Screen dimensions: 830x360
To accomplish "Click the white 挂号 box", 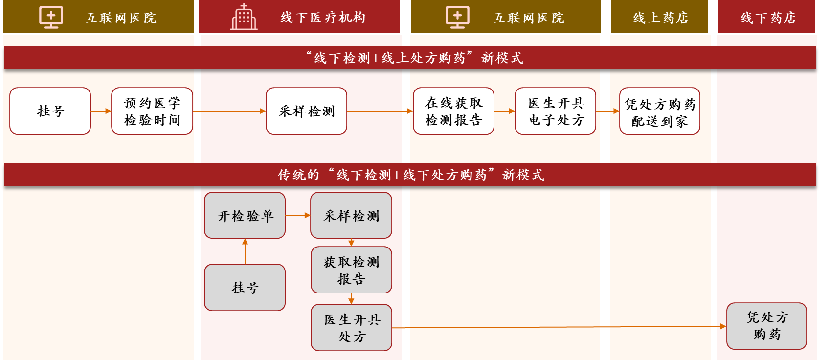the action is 50,111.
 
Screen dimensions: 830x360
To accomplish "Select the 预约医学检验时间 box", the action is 152,111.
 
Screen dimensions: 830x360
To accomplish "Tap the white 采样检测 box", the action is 306,111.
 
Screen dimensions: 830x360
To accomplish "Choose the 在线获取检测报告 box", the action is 453,111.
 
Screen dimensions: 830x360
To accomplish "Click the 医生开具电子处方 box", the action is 555,111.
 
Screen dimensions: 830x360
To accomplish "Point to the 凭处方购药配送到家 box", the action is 659,111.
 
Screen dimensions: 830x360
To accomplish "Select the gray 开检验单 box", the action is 245,215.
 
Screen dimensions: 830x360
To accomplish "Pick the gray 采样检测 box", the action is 351,215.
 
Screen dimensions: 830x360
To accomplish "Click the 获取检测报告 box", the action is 351,270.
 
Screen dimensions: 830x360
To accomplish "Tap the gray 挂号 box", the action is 245,287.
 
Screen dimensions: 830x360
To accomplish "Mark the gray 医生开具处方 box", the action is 351,328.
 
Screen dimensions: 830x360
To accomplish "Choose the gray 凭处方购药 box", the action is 766,326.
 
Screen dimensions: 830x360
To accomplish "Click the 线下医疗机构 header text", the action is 323,18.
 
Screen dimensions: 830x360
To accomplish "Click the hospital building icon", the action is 244,17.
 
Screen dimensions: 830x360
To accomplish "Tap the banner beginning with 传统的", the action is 410,175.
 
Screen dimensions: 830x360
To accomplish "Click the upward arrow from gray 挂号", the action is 245,251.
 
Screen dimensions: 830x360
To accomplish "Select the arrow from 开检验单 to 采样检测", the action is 297,215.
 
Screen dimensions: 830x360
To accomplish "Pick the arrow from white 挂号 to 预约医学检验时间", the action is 101,111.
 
